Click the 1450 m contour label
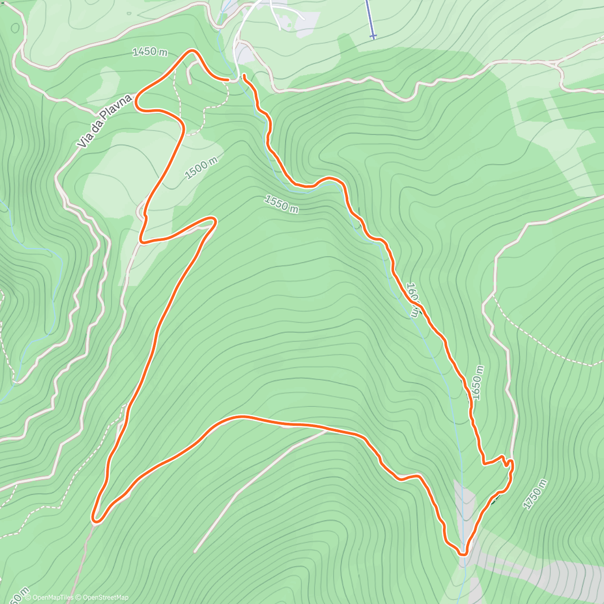click(150, 51)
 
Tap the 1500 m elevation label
click(201, 168)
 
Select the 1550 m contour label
click(281, 203)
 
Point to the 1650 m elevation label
click(477, 383)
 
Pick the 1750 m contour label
click(535, 494)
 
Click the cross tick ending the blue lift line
click(372, 36)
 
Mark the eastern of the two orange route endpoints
click(244, 76)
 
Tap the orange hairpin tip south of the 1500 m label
click(214, 220)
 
